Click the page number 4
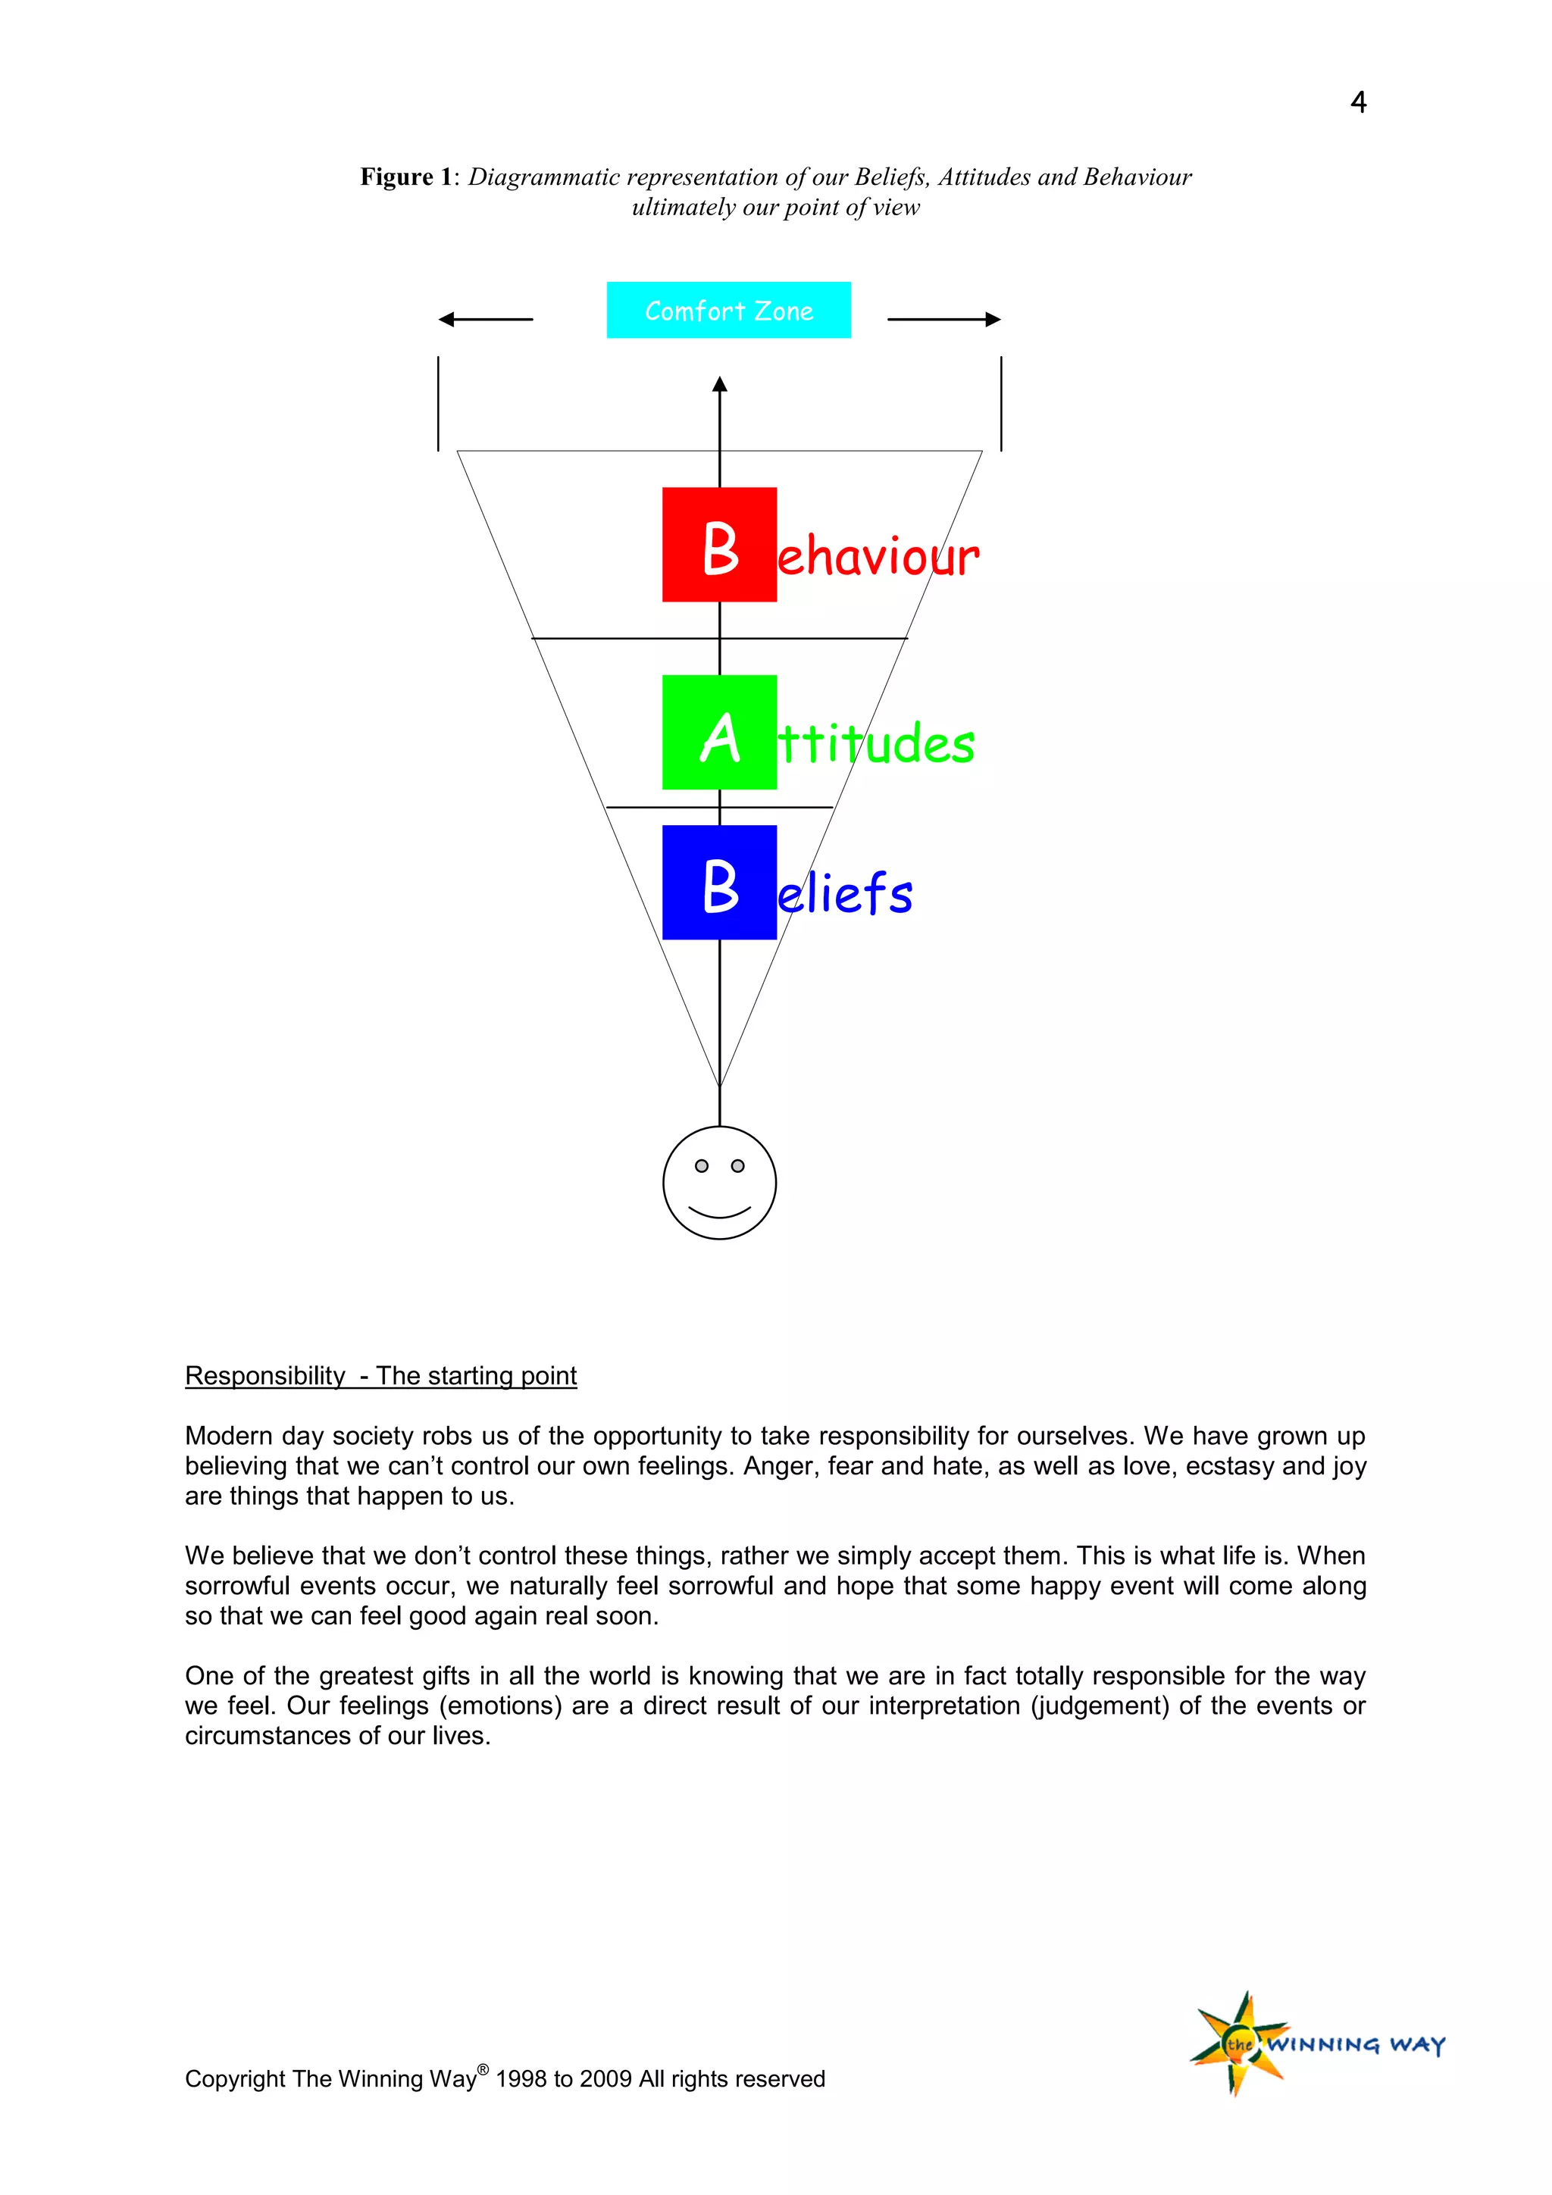point(1357,102)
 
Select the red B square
point(719,544)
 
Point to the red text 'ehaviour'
point(878,556)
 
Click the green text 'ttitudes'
point(876,744)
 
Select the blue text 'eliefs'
point(845,894)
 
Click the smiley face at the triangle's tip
point(719,1183)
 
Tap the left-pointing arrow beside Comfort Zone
point(485,319)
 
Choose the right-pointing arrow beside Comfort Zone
point(943,319)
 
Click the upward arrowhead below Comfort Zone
point(720,384)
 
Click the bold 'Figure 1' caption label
point(405,177)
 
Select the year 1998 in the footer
point(521,2078)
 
